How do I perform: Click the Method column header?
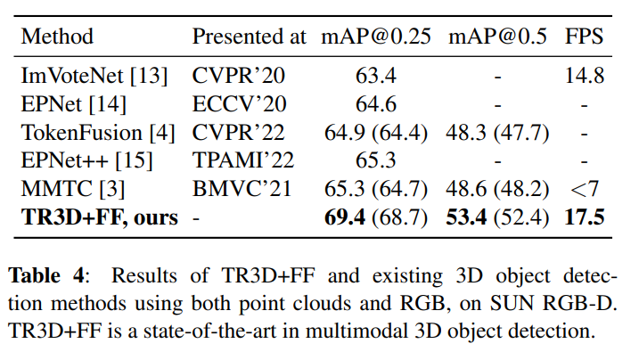(x=57, y=37)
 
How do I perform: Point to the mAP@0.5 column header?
(x=497, y=37)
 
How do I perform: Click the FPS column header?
(x=584, y=37)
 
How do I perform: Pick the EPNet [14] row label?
(x=73, y=103)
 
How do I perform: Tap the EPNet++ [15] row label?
(x=86, y=160)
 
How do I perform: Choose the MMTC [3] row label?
(x=70, y=189)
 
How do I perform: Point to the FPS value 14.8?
(x=584, y=75)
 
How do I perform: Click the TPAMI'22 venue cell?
(x=243, y=160)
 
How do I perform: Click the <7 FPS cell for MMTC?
(x=584, y=189)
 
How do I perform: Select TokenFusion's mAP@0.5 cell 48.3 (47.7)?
(x=497, y=132)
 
